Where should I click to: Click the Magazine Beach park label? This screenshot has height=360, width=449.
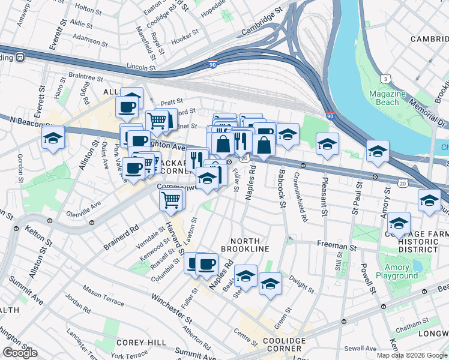click(384, 98)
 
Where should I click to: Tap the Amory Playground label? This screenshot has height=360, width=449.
click(397, 271)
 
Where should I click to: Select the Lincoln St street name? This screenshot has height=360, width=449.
click(141, 68)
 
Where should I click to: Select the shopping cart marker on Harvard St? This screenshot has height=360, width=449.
click(172, 199)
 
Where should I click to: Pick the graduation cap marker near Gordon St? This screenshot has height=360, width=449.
click(53, 138)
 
